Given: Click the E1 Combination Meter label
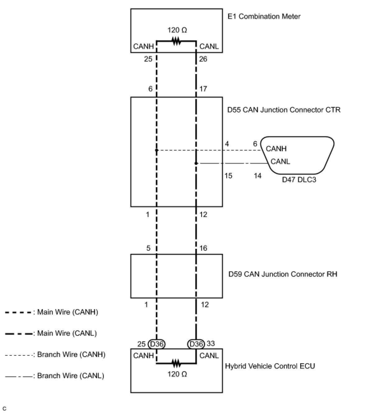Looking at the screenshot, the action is [x=264, y=16].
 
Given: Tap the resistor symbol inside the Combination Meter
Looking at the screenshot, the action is [x=177, y=41].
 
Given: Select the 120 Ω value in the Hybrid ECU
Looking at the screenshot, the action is [x=177, y=374].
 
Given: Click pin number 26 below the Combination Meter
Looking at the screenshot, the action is [x=203, y=59].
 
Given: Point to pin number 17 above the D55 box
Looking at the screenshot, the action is [x=203, y=89].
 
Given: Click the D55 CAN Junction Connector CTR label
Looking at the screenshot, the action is [x=284, y=110].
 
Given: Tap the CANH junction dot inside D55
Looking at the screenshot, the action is [x=156, y=150].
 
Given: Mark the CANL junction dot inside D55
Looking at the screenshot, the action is [x=196, y=163].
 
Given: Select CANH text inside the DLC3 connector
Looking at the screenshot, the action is [x=276, y=149].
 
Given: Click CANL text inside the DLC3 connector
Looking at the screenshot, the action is [x=280, y=162].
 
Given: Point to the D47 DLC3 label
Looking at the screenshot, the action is [x=299, y=180].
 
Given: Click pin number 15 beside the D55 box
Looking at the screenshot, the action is [x=228, y=176].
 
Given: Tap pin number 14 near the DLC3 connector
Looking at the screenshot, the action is [x=258, y=176].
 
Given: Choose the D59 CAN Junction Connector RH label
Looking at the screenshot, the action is [x=283, y=274].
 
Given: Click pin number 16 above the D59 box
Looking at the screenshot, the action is [x=203, y=248].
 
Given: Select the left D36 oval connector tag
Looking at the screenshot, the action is [x=157, y=344].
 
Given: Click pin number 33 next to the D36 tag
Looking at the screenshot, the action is [x=211, y=343].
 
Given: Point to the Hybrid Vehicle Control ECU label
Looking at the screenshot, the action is [x=270, y=366].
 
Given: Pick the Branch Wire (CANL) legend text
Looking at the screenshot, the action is [x=71, y=376].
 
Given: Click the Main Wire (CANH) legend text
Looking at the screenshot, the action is [x=67, y=312].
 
